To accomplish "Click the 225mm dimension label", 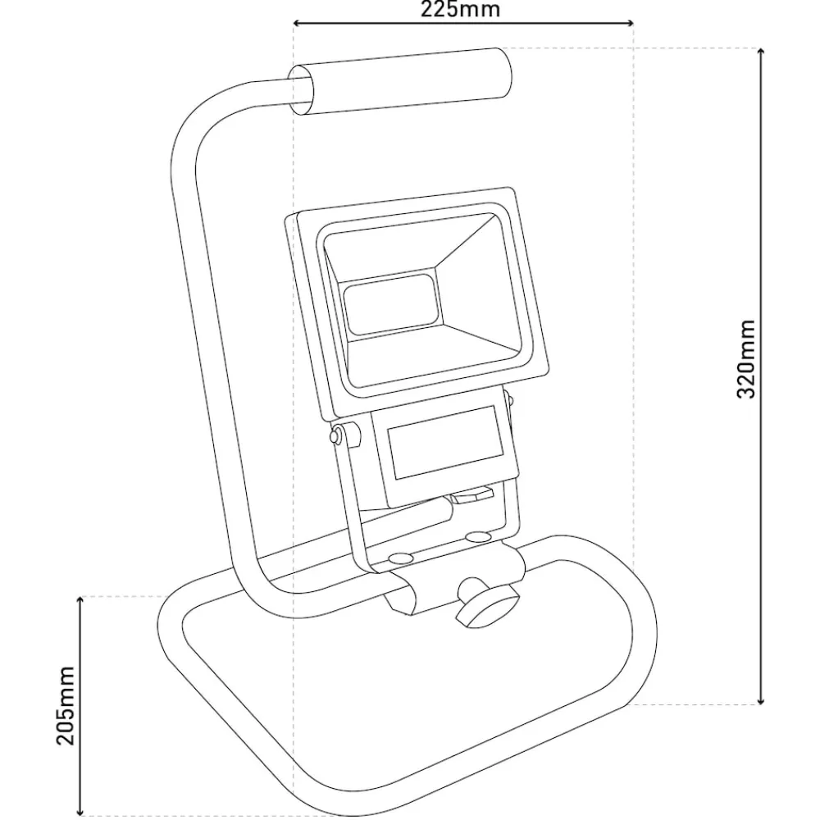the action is [460, 9].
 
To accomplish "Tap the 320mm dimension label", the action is [746, 359].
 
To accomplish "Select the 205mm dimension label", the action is [66, 705].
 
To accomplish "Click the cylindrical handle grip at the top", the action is [400, 81].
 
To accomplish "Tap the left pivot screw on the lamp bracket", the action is [335, 435].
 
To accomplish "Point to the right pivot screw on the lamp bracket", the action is [509, 401].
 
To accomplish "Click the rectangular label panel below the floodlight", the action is [445, 443].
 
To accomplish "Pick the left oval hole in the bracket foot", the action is [399, 558].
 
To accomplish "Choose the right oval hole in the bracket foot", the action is [477, 536].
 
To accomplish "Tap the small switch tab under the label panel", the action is [473, 494].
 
